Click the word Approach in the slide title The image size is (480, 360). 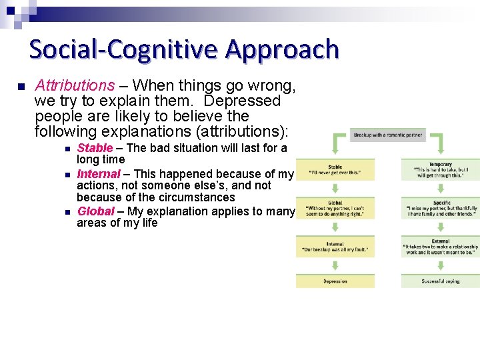(282, 49)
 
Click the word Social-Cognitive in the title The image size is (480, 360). (125, 49)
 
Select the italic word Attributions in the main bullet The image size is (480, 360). (75, 86)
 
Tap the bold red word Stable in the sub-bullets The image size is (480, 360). (95, 148)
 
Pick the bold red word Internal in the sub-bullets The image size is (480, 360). (99, 173)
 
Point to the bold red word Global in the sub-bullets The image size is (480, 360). (96, 211)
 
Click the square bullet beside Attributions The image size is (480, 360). (21, 87)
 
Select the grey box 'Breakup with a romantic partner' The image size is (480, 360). (388, 135)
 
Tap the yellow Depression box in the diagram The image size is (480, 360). (335, 281)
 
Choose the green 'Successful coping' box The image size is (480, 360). (440, 281)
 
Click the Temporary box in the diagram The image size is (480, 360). (440, 169)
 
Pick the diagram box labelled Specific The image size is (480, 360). (440, 208)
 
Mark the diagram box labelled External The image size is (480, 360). (440, 246)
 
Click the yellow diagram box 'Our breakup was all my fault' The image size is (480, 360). (335, 246)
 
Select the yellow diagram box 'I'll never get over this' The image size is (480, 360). (335, 169)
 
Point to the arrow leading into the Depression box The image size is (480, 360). (335, 265)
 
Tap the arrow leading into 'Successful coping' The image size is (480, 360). (440, 265)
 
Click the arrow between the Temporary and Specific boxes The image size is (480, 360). (440, 189)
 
